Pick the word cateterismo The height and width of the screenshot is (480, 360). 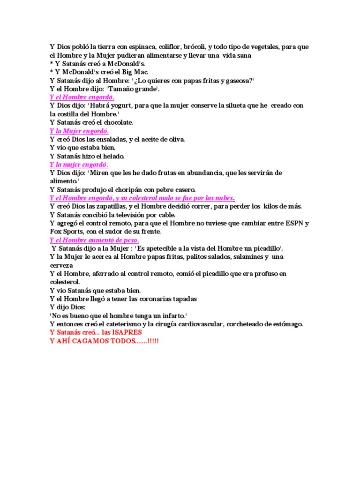(x=131, y=324)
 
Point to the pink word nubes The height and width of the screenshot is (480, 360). (x=224, y=198)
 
